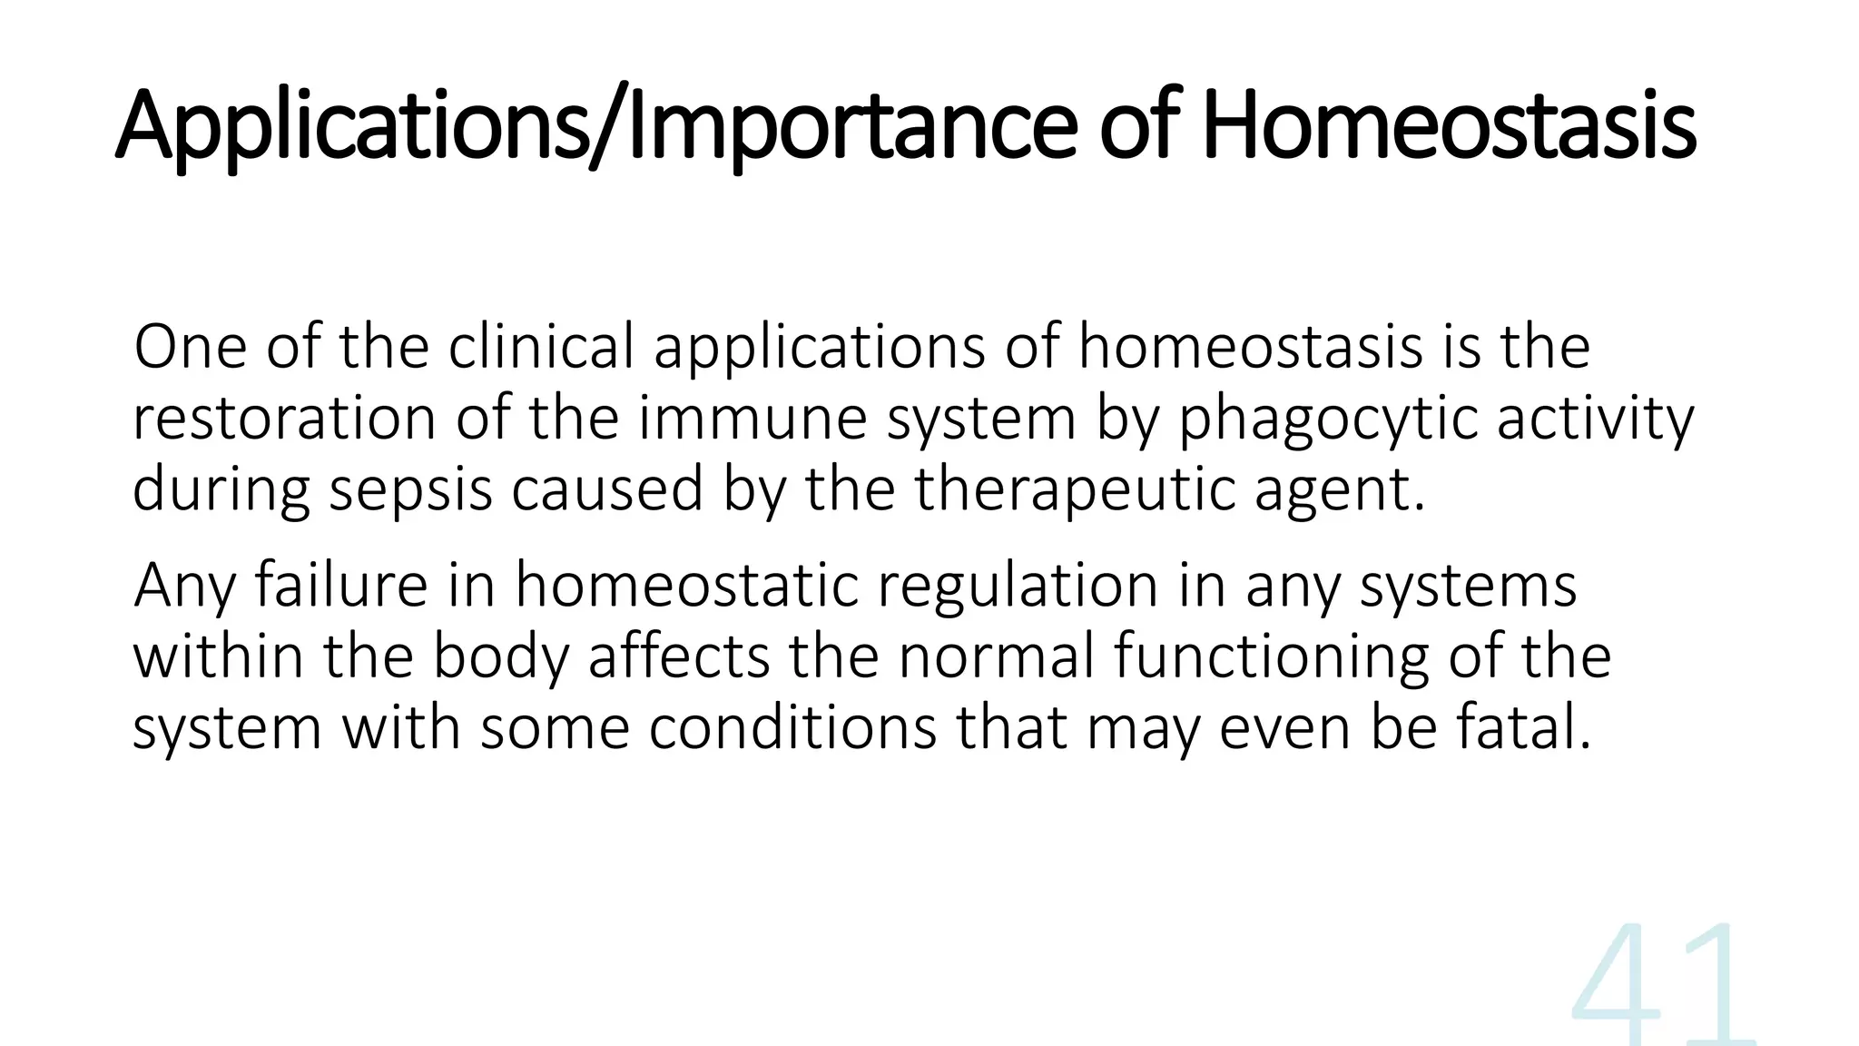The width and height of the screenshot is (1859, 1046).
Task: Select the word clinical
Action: [x=541, y=347]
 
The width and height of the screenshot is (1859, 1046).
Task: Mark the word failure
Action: [x=340, y=585]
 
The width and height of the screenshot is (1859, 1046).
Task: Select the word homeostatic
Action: [x=686, y=585]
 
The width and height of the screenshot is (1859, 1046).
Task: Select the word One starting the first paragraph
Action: [x=190, y=347]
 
